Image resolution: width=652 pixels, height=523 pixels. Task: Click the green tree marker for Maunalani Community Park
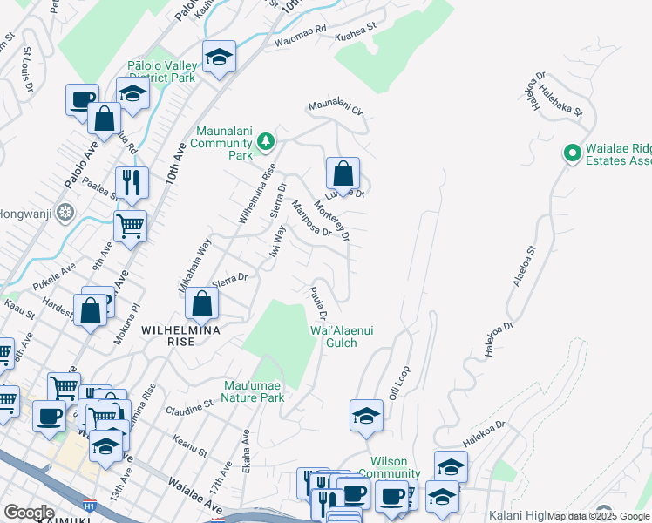tap(265, 141)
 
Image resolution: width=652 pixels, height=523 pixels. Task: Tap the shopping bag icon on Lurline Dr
tap(343, 173)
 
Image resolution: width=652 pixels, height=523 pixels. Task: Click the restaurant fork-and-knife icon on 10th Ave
tap(132, 182)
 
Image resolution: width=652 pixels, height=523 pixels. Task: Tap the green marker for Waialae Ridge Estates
tap(572, 154)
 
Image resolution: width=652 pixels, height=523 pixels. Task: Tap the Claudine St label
tap(190, 406)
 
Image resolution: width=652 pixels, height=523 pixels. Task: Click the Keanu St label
tap(189, 446)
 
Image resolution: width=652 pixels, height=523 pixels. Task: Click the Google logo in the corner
tap(29, 512)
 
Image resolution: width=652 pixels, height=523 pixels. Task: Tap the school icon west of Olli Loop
tap(366, 416)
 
